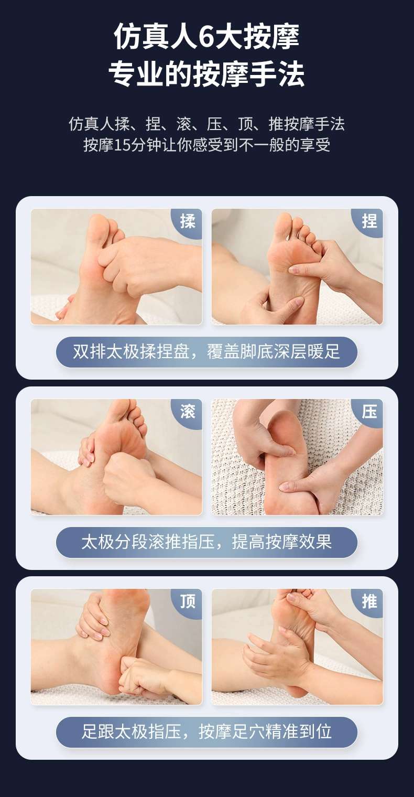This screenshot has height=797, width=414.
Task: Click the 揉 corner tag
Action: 188,222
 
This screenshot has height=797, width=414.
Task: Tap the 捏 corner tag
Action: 368,222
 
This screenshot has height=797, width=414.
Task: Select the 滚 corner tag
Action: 188,412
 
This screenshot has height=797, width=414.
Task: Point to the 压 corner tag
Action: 368,412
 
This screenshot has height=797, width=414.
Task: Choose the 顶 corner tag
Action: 188,601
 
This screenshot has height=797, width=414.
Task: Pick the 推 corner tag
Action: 368,601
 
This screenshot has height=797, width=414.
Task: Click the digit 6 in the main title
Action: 205,37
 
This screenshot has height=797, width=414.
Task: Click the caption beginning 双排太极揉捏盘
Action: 206,351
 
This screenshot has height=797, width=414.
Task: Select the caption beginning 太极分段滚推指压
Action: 206,542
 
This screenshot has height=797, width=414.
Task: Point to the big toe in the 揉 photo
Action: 99,228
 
